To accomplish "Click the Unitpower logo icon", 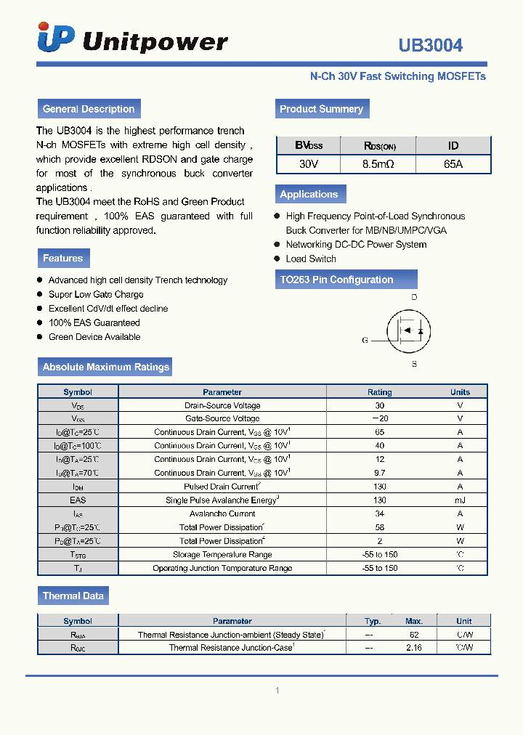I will click(x=56, y=38).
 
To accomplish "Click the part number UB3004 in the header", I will click(x=430, y=45).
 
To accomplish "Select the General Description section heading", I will click(x=89, y=109).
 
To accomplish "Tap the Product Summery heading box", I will click(x=321, y=109).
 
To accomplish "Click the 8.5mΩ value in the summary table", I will click(x=378, y=164).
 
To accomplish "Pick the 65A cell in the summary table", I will click(x=453, y=164).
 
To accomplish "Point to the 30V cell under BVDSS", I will click(x=309, y=164).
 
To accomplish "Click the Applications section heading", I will click(x=309, y=194).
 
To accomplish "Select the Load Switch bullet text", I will click(x=311, y=259).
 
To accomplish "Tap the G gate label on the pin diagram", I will click(x=365, y=340).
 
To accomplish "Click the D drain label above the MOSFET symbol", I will click(x=414, y=298).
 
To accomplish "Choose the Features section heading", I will click(x=63, y=258).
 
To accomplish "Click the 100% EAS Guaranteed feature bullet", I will click(x=94, y=322).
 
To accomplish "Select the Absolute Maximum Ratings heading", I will click(x=105, y=367).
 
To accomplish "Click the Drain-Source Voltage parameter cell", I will click(x=222, y=405).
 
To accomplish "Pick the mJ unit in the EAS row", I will click(x=460, y=500).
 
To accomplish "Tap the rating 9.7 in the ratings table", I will click(x=379, y=473).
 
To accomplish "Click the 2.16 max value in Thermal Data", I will click(x=414, y=647).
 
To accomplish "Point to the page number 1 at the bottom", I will click(x=277, y=691).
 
